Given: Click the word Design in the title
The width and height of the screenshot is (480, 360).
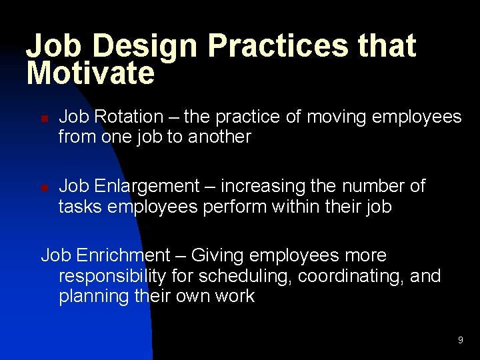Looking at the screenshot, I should click(x=146, y=47).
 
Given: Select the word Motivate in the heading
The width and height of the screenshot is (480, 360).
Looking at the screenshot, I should click(x=90, y=73).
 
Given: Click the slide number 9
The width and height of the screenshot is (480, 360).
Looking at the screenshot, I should click(x=460, y=341).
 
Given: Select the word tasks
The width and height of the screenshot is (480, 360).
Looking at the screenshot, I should click(x=78, y=207).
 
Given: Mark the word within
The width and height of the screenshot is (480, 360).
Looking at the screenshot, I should click(x=298, y=207).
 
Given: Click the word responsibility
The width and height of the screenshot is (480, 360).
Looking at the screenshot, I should click(x=113, y=276).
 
